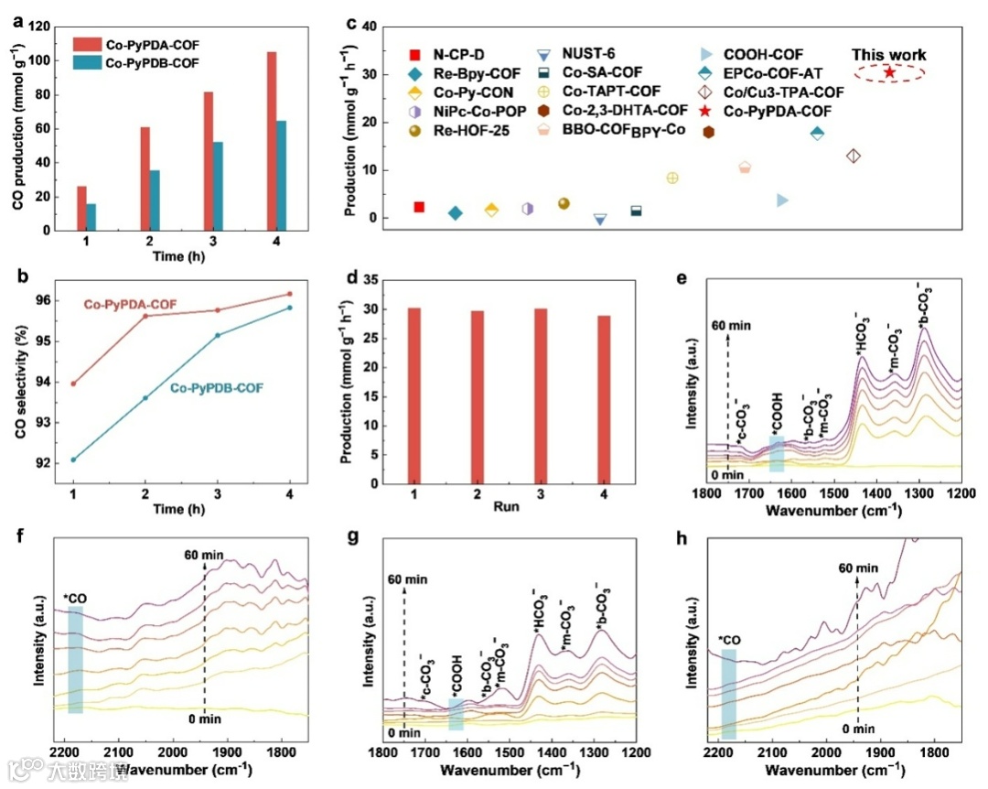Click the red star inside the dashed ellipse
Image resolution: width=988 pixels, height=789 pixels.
coord(889,72)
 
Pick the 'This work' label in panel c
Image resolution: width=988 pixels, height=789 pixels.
coord(889,55)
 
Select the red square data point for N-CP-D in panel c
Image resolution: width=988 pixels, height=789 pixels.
coord(419,207)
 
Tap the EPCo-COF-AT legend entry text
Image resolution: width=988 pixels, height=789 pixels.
coord(795,72)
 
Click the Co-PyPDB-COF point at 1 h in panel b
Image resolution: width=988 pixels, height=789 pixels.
coord(73,459)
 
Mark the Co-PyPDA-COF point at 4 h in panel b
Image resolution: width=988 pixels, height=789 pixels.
coord(290,294)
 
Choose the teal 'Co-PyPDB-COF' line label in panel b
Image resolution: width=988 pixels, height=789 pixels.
coord(217,388)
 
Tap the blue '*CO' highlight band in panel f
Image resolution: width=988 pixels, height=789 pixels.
coord(75,659)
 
